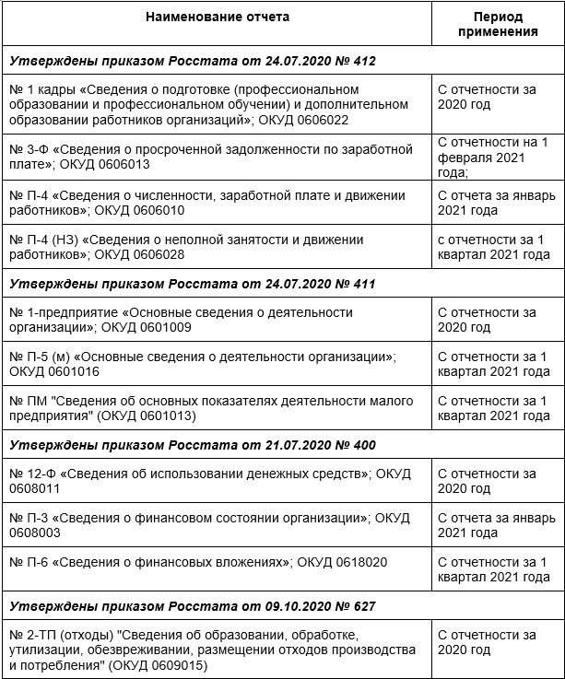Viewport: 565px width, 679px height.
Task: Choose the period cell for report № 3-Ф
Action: point(498,157)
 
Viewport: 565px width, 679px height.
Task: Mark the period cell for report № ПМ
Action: point(498,408)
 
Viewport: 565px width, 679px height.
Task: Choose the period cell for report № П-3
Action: point(498,525)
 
